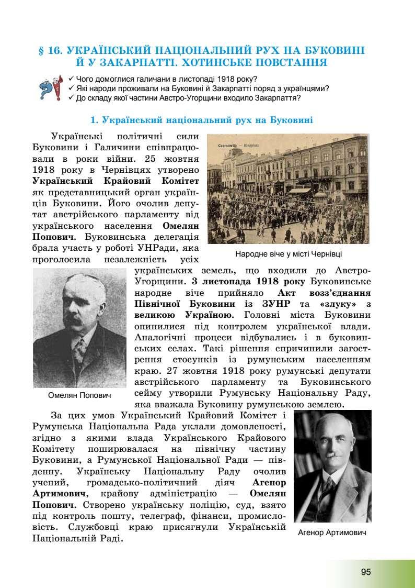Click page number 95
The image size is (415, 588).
365,571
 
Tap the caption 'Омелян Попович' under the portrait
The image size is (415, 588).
79,395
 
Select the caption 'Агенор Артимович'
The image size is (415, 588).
332,532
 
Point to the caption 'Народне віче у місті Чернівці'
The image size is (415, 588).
289,253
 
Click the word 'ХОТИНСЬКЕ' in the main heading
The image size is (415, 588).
216,63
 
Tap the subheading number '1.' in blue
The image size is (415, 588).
95,120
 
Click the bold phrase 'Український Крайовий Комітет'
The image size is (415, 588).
115,181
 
